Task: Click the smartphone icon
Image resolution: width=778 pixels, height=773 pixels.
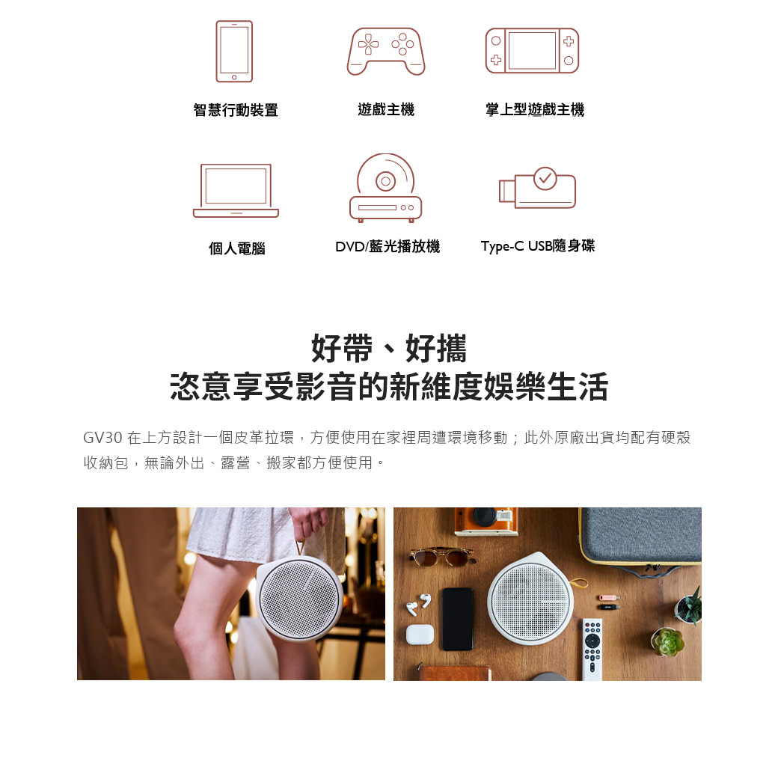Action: (234, 51)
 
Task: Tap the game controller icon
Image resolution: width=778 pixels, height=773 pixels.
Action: (386, 51)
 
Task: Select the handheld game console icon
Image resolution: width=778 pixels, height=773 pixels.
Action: (532, 51)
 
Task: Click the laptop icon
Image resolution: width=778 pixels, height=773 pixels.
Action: (236, 191)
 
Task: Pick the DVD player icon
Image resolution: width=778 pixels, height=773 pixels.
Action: (385, 187)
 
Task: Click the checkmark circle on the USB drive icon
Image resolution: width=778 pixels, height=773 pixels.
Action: (545, 178)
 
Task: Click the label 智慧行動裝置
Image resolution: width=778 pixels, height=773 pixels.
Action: (236, 110)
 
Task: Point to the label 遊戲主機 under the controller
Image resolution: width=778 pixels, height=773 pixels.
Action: (386, 109)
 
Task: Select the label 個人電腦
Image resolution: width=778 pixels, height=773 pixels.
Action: (236, 248)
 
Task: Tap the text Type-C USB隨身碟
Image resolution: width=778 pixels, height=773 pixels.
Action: (537, 245)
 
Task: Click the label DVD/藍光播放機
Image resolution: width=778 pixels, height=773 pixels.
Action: (388, 246)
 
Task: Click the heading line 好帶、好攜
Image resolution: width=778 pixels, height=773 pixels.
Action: (389, 348)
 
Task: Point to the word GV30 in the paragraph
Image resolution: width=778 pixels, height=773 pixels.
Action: (102, 438)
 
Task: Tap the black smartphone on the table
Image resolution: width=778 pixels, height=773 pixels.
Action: (458, 619)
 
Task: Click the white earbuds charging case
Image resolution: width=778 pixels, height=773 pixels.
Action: (420, 635)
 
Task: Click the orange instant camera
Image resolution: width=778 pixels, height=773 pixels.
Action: (486, 520)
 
